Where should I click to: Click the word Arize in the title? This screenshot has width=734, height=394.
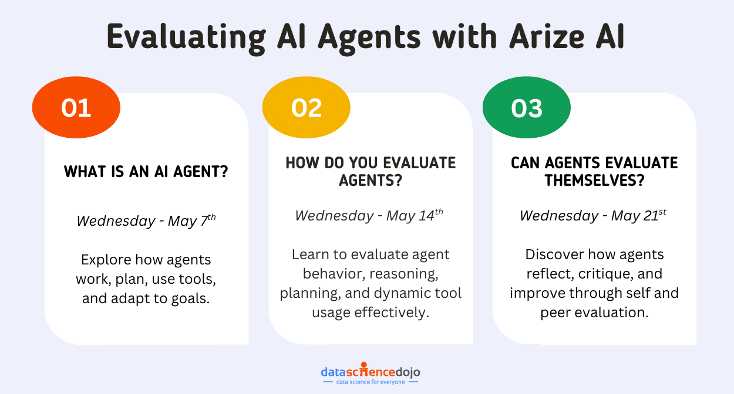coord(547,37)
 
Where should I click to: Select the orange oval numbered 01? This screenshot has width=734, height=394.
coord(76,107)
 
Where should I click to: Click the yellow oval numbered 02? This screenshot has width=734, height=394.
coord(307,107)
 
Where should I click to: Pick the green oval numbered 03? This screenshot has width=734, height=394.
coord(527,107)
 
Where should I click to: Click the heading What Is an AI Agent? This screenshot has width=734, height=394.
coord(146,171)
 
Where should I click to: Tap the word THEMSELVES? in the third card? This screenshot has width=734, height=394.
coord(594,181)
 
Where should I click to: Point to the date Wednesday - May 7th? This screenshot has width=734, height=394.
coord(146,220)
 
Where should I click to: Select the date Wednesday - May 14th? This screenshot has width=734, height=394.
coord(369,215)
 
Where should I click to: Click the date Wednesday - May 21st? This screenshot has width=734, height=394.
coord(592,215)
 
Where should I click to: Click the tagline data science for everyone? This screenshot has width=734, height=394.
coord(371,382)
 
